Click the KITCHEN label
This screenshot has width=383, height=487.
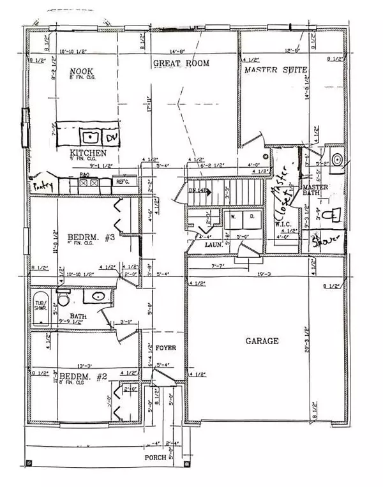click(x=88, y=153)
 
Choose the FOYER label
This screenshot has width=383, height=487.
click(x=165, y=348)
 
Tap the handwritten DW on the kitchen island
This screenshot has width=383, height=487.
click(x=112, y=137)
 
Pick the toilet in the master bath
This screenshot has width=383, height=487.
click(x=327, y=216)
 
